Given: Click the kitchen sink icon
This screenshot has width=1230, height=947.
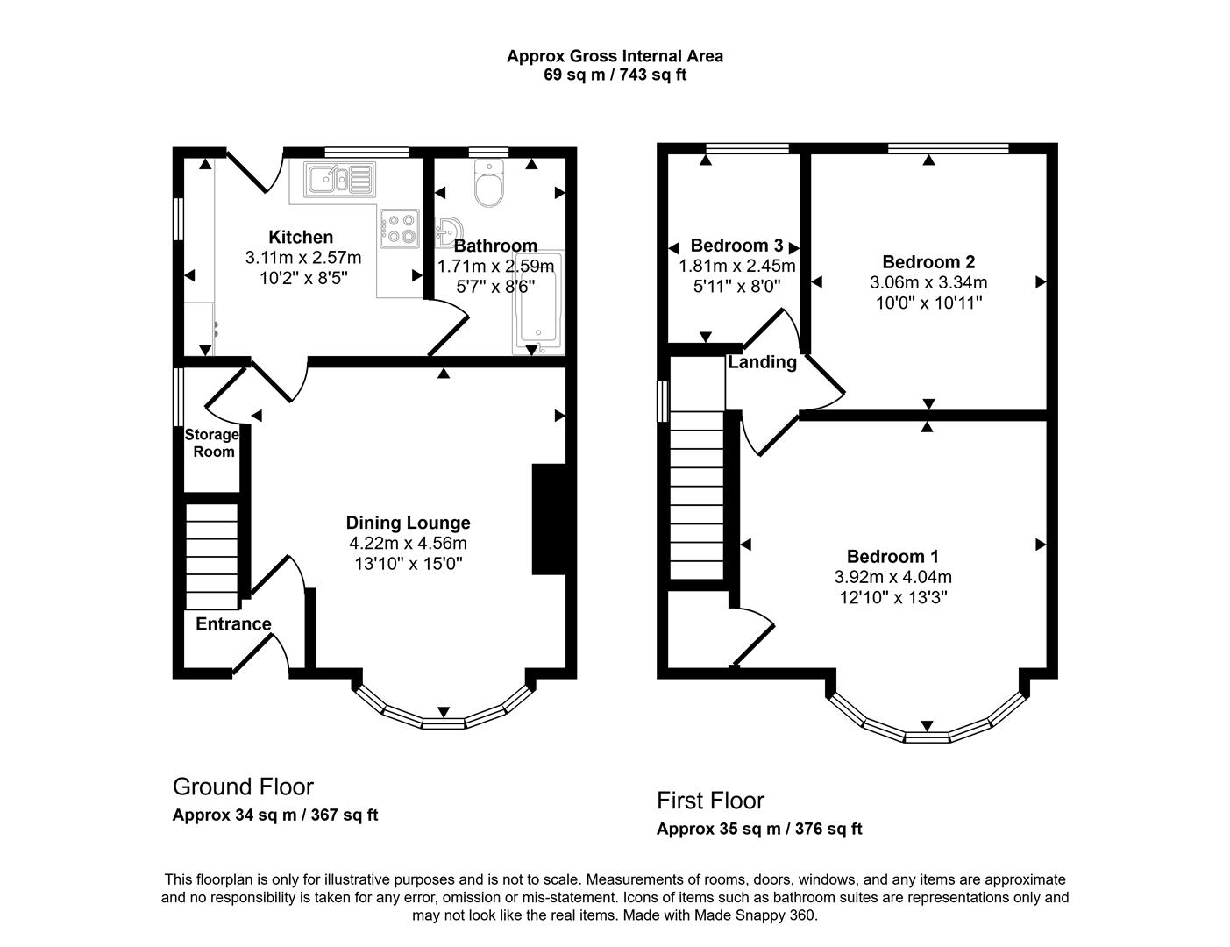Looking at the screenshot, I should click(338, 179).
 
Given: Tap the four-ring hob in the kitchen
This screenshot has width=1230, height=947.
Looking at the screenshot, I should click(400, 228).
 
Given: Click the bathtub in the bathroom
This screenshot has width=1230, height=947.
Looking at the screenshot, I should click(538, 303).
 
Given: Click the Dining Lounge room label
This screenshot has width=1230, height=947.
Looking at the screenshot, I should click(408, 523).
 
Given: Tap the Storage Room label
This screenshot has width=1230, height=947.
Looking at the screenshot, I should click(212, 443).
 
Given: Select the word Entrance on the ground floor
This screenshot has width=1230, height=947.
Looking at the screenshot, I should click(233, 624).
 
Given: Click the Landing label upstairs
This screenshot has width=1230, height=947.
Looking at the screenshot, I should click(762, 362).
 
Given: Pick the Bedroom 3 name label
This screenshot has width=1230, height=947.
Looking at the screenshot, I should click(736, 246).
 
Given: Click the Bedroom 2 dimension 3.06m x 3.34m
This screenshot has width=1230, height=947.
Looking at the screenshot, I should click(928, 282).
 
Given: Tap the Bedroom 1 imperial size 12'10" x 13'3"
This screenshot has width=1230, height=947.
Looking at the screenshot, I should click(892, 598).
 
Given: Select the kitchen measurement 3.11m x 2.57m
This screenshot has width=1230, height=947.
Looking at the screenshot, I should click(302, 258).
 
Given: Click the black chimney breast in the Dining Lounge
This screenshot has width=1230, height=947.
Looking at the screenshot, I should click(549, 519).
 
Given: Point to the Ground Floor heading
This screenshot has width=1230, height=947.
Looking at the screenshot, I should click(243, 787).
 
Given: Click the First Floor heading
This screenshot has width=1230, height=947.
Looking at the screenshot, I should click(710, 801).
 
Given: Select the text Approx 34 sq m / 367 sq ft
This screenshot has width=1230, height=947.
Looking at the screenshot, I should click(275, 815).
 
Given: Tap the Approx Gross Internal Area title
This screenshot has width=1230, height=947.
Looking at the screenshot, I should click(615, 56).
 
